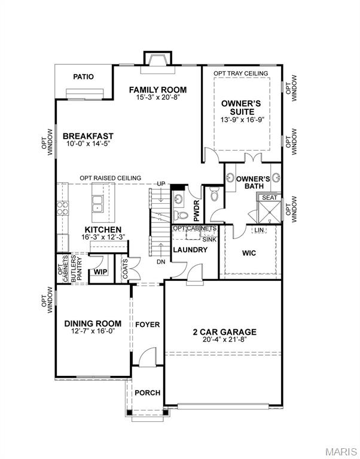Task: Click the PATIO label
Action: [84, 76]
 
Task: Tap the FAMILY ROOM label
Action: [154, 90]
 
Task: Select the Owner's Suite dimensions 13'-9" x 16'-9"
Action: [242, 120]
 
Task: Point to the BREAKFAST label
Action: [88, 136]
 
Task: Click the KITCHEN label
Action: [103, 229]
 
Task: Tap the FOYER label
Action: [147, 325]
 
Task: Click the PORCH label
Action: [147, 393]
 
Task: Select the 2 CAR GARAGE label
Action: [224, 332]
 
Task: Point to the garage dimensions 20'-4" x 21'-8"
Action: [224, 340]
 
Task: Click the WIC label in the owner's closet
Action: [249, 253]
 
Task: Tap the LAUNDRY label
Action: [190, 249]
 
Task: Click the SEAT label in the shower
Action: [270, 197]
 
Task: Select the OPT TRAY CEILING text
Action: [241, 74]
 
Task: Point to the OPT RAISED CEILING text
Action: [111, 178]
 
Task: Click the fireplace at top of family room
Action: [157, 59]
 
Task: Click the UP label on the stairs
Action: [160, 183]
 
